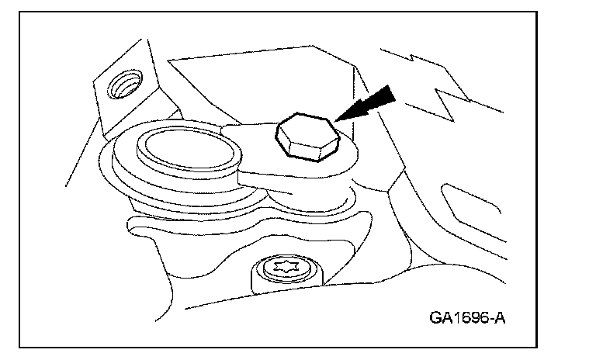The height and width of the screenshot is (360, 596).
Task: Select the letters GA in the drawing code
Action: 437,318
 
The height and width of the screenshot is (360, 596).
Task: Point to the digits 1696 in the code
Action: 464,318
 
